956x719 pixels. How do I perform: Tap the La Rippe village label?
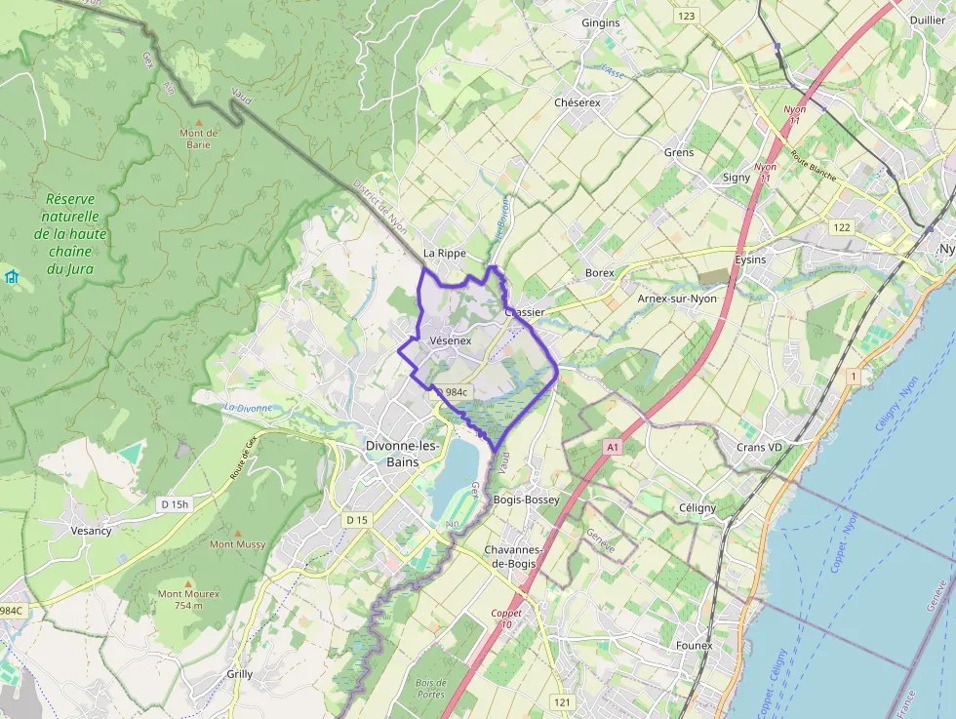tap(445, 253)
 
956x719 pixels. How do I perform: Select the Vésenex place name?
tap(450, 340)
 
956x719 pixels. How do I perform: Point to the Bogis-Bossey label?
tap(527, 499)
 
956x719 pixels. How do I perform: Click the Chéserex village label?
tap(577, 101)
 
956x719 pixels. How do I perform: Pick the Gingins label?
tap(600, 22)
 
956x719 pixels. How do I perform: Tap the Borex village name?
tap(599, 273)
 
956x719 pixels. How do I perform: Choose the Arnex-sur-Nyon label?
tap(676, 299)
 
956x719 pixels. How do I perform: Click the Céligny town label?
tap(697, 507)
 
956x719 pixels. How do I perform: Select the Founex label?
tap(694, 645)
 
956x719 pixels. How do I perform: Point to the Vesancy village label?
tap(91, 531)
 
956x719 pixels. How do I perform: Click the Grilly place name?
tap(239, 674)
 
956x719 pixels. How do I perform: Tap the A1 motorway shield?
tap(612, 447)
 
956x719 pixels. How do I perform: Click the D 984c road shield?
tap(453, 392)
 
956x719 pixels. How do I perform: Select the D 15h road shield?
tap(174, 503)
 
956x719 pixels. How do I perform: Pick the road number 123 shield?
tap(687, 16)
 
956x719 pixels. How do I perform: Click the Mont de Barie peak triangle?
tap(199, 121)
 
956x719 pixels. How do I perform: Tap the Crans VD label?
tap(760, 447)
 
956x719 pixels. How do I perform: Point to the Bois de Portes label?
tap(430, 688)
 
